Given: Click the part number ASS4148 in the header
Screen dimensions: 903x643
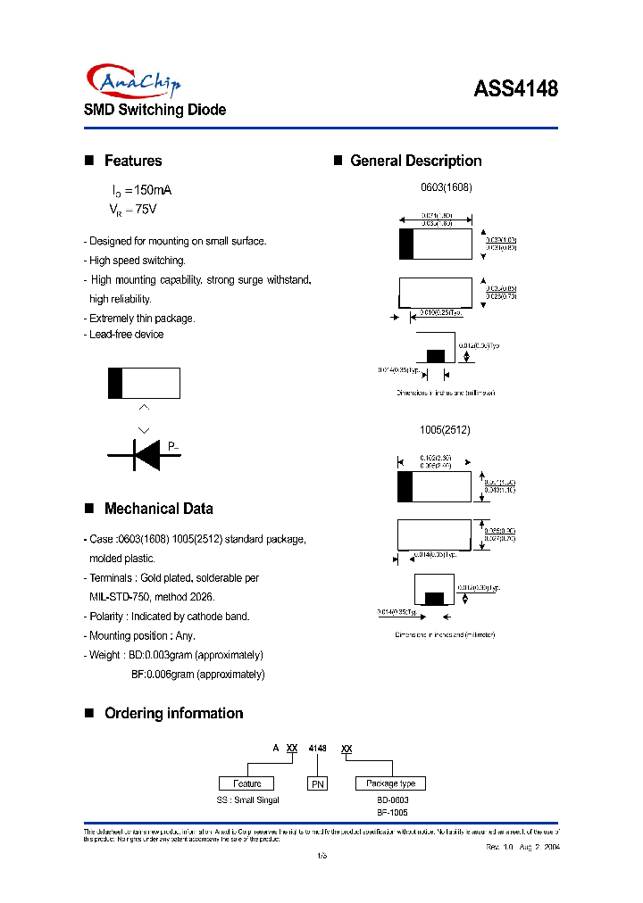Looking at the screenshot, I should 515,89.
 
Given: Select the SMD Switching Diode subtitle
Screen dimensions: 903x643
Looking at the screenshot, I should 154,110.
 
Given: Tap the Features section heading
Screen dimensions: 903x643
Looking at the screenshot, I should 133,161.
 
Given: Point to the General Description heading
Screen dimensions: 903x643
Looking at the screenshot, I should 415,161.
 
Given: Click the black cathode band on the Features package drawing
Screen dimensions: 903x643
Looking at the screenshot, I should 115,383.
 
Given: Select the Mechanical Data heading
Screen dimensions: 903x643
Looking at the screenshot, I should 158,509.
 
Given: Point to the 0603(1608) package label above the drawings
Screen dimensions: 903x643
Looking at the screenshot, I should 446,188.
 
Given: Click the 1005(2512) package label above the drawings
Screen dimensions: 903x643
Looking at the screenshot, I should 445,429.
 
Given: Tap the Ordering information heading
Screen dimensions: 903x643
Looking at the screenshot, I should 173,713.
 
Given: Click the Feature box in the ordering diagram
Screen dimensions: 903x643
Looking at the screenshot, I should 248,783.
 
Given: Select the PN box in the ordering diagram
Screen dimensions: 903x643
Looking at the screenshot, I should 318,784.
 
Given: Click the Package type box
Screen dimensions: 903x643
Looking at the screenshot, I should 391,783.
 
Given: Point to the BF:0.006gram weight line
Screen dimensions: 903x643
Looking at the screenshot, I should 197,675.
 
